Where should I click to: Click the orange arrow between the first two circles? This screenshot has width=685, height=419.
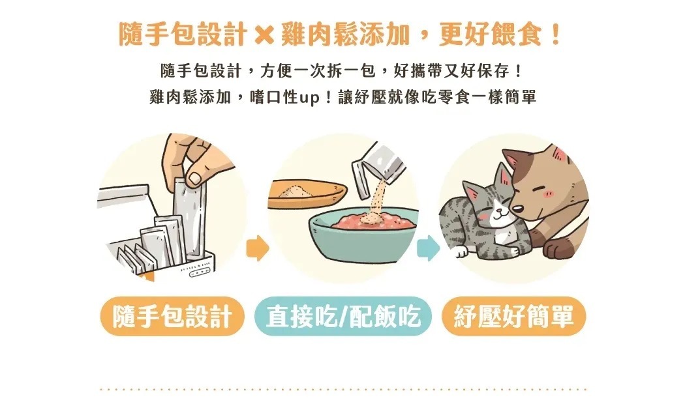click(257, 248)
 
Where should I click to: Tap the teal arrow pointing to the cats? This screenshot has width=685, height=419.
click(428, 248)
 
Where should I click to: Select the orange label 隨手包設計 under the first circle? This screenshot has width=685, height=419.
click(172, 317)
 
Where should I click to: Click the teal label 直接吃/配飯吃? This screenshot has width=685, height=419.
click(343, 317)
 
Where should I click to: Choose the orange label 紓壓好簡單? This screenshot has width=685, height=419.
click(514, 317)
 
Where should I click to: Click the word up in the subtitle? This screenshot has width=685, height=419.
click(309, 97)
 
